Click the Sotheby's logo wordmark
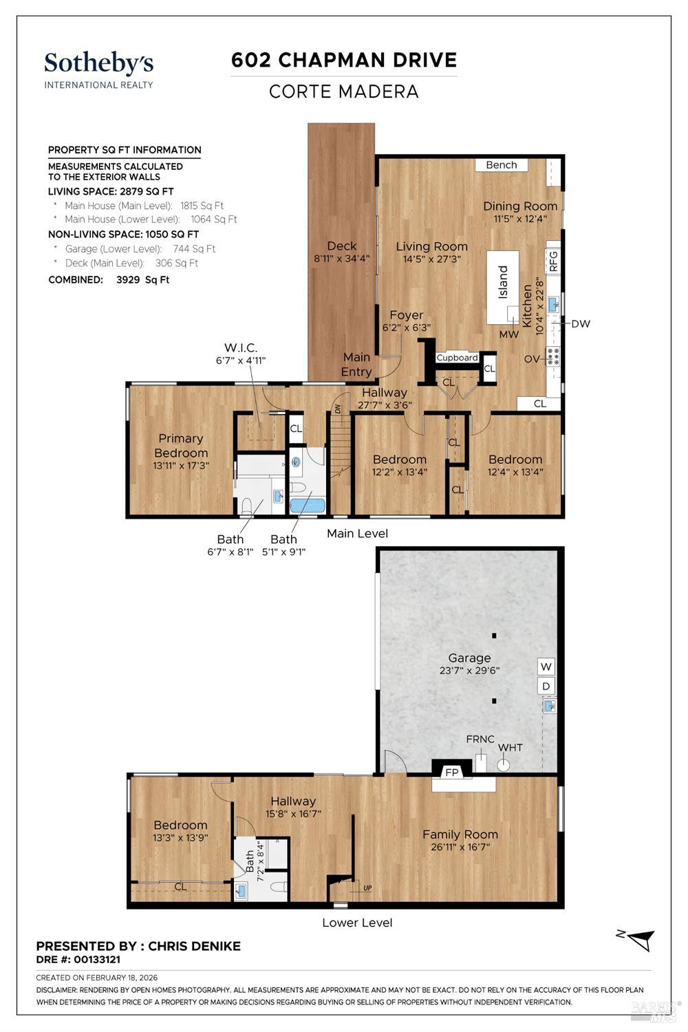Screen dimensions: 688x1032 coord(98,63)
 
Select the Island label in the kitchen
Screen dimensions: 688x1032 coord(503,282)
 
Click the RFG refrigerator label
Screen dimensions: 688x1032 coord(553,261)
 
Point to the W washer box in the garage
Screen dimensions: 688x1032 coord(546,667)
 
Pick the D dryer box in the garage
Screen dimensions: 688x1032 coord(546,687)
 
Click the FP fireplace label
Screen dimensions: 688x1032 coord(451,772)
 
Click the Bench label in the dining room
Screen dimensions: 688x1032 coord(502,165)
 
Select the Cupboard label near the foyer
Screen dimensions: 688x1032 coord(457,358)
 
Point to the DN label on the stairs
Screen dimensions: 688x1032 coord(338,409)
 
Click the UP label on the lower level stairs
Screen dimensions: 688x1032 coord(367,888)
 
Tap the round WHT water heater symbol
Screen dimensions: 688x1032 coord(503,765)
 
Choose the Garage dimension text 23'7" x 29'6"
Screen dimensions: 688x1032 coord(469,670)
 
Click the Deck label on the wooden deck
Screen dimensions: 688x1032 coord(341,246)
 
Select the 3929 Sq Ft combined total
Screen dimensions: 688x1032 coord(143,279)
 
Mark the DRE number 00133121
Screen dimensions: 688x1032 coord(97,960)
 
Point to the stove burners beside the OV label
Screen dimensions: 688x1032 coord(552,356)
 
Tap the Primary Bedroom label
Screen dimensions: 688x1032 coord(181,446)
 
